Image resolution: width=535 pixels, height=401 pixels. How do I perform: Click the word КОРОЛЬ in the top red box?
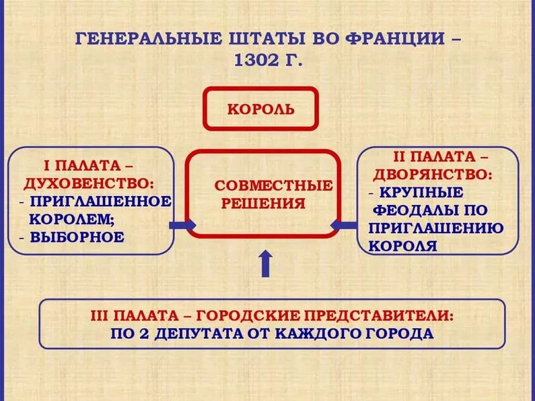tap(260, 109)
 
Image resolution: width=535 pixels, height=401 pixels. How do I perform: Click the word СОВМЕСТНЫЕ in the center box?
tap(274, 185)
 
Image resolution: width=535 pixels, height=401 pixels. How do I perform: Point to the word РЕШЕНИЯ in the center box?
tap(263, 204)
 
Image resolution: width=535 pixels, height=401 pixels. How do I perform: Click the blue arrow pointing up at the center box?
tap(266, 264)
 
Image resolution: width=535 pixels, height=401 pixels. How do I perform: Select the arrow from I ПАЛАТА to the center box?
tap(182, 224)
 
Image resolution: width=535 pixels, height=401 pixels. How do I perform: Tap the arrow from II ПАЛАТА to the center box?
tap(344, 225)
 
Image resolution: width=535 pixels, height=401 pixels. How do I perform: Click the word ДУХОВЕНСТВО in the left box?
tap(88, 184)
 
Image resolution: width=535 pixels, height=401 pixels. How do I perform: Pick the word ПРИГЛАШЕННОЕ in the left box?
tap(101, 202)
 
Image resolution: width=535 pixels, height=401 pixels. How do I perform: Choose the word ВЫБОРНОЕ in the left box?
tap(77, 237)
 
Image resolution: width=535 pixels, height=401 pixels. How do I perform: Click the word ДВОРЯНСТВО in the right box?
tap(433, 175)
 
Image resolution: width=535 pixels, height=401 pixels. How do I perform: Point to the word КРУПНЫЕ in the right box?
tap(421, 193)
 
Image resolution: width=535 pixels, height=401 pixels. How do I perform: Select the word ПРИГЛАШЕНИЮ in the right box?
tap(436, 228)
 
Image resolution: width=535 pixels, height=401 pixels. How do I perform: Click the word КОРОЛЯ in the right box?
tap(403, 246)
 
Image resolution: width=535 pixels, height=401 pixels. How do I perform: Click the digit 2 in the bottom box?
tap(144, 334)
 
